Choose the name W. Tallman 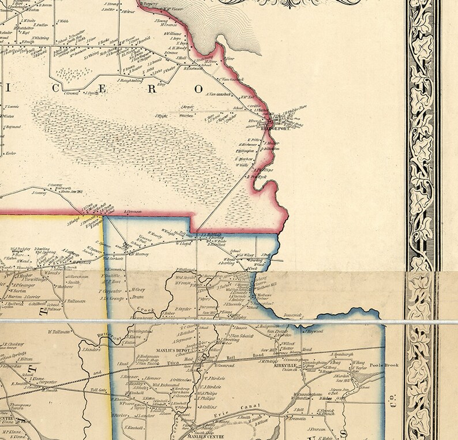tap(58, 332)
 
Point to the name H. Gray tap(137, 289)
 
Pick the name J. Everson tap(318, 428)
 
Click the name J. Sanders tap(92, 349)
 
